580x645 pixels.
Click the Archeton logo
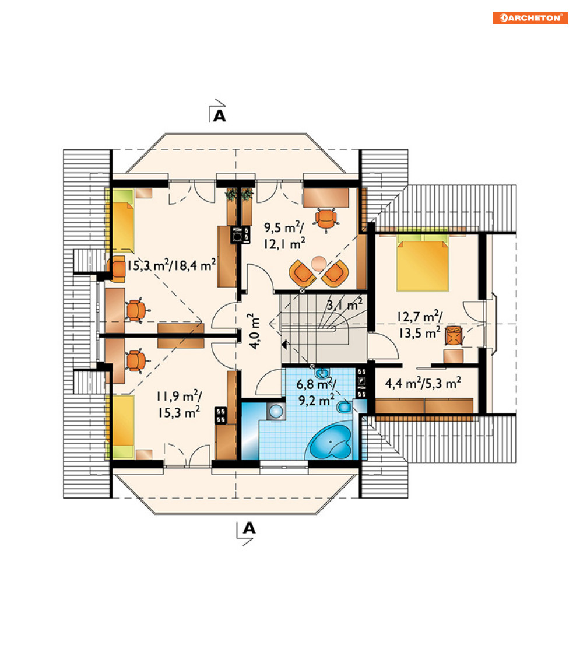coord(530,17)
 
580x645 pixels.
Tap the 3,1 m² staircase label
coord(345,304)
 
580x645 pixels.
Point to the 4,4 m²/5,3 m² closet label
coord(423,383)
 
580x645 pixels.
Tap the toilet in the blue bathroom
coord(344,407)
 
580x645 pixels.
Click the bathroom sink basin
coord(322,373)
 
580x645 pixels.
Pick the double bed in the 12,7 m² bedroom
coord(423,263)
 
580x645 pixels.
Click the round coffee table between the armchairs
coord(319,263)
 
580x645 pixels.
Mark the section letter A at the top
coord(220,116)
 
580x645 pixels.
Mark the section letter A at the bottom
coord(249,528)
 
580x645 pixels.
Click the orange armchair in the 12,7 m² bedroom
coord(453,334)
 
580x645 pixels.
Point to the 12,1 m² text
coord(284,244)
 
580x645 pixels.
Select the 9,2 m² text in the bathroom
coord(317,400)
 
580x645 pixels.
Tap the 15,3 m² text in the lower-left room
coord(179,412)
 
